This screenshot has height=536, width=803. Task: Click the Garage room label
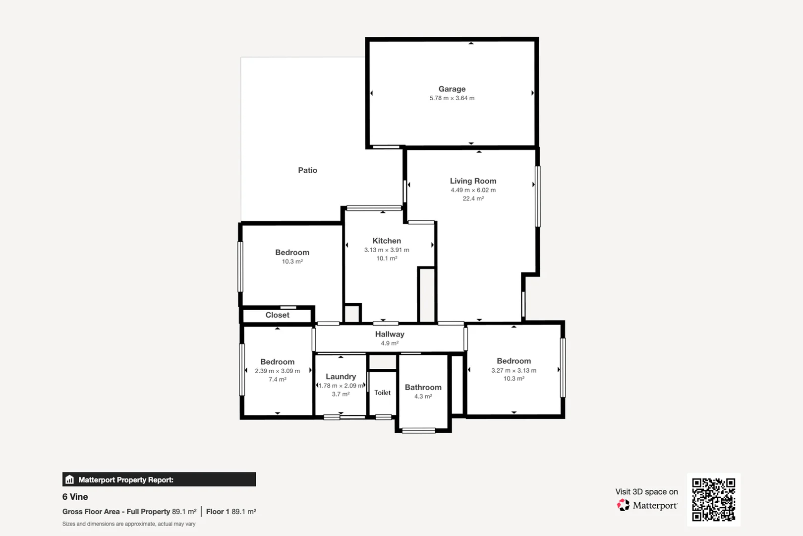452,89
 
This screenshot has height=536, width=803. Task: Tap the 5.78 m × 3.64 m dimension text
452,98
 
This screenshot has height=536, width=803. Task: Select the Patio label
307,170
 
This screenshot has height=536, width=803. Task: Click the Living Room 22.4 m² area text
473,199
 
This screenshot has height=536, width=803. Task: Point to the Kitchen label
387,241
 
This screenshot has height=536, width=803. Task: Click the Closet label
277,315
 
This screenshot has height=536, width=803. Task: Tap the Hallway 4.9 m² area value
390,343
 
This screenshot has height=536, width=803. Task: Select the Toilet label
382,393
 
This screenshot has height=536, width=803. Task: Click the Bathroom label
423,387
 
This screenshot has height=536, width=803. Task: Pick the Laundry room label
341,377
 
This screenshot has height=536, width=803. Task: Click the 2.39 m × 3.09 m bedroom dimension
277,371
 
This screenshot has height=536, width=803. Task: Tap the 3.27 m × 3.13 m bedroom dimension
514,370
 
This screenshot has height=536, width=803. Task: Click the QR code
713,499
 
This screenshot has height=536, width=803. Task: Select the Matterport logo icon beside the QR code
623,505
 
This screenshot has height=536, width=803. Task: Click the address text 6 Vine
75,497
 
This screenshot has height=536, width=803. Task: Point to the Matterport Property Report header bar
159,479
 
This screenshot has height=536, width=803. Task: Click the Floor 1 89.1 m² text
231,512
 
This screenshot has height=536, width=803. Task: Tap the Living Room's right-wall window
538,197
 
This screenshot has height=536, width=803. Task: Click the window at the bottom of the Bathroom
418,430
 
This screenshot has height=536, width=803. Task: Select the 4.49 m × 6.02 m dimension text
473,190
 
